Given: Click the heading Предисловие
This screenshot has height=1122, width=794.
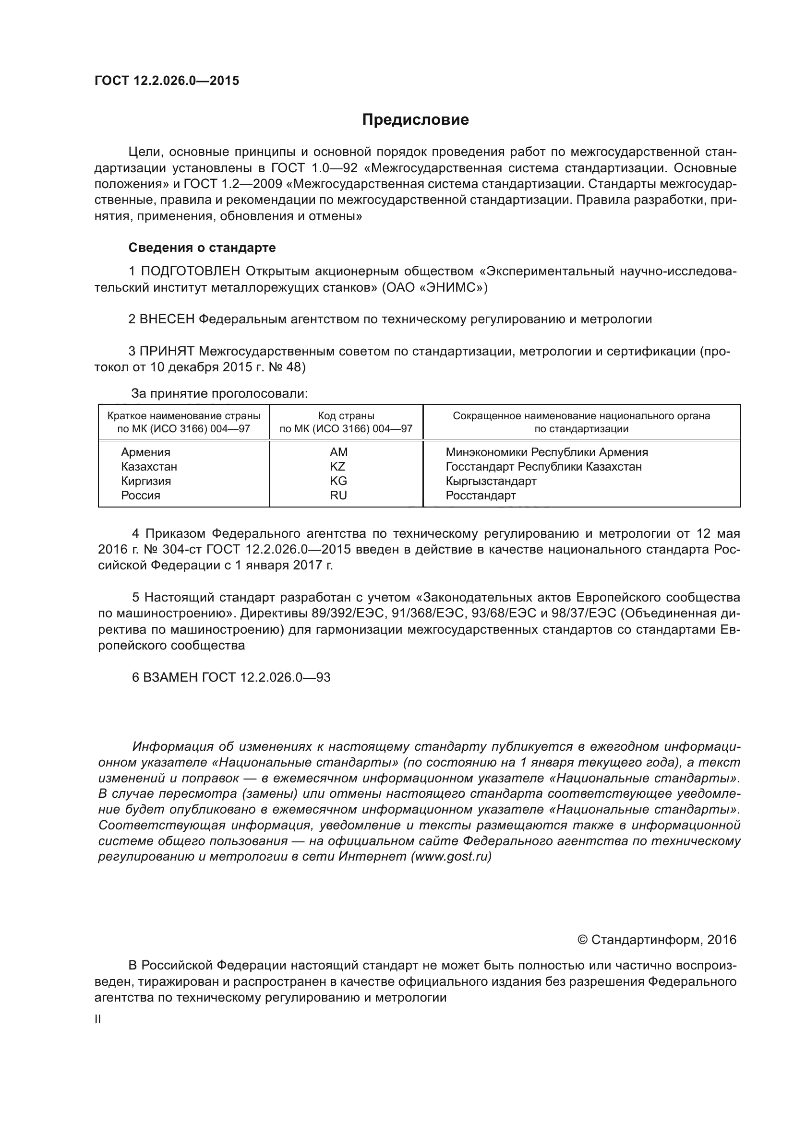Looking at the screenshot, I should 415,120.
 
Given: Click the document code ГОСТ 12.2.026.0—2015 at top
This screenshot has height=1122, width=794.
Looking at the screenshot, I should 167,81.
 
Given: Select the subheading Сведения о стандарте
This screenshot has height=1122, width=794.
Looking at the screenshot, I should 202,248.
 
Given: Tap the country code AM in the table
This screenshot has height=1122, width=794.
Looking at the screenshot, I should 338,452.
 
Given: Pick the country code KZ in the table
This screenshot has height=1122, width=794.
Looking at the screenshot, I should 337,466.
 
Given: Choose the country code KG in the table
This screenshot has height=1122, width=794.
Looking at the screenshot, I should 338,481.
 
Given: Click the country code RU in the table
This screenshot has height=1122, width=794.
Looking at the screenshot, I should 338,495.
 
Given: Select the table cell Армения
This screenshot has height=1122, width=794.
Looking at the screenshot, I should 146,452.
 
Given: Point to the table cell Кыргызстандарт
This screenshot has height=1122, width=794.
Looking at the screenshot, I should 491,481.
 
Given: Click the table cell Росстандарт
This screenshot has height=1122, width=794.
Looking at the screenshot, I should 481,495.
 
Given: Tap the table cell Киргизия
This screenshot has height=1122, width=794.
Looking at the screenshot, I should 146,481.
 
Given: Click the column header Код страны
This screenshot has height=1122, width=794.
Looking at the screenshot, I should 346,416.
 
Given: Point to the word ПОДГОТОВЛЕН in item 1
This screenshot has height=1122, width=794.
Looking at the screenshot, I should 190,271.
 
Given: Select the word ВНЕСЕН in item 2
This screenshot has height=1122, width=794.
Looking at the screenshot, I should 167,319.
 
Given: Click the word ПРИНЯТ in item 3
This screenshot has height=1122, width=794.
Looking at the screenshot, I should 167,351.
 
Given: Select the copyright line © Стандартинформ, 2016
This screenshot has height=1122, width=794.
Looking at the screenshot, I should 657,940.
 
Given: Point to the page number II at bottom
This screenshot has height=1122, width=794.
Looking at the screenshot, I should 98,1019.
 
